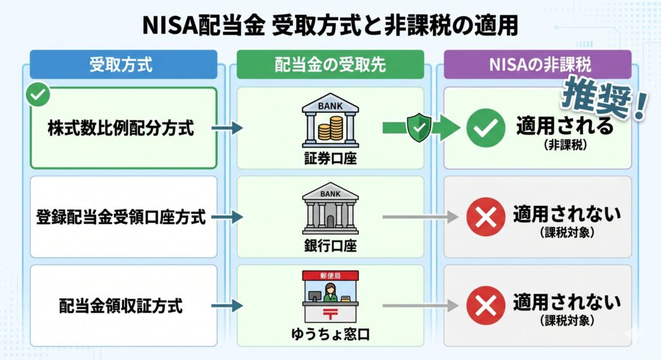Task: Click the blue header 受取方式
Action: pos(123,64)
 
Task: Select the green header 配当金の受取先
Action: pos(330,64)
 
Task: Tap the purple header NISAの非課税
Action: pos(537,64)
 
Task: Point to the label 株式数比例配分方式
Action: pos(121,128)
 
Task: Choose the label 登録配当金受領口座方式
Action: pos(121,217)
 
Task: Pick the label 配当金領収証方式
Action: pos(121,305)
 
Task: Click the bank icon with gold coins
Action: pos(330,123)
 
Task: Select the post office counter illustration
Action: pos(330,295)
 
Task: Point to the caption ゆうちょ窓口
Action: pos(330,335)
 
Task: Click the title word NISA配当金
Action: pos(203,27)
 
